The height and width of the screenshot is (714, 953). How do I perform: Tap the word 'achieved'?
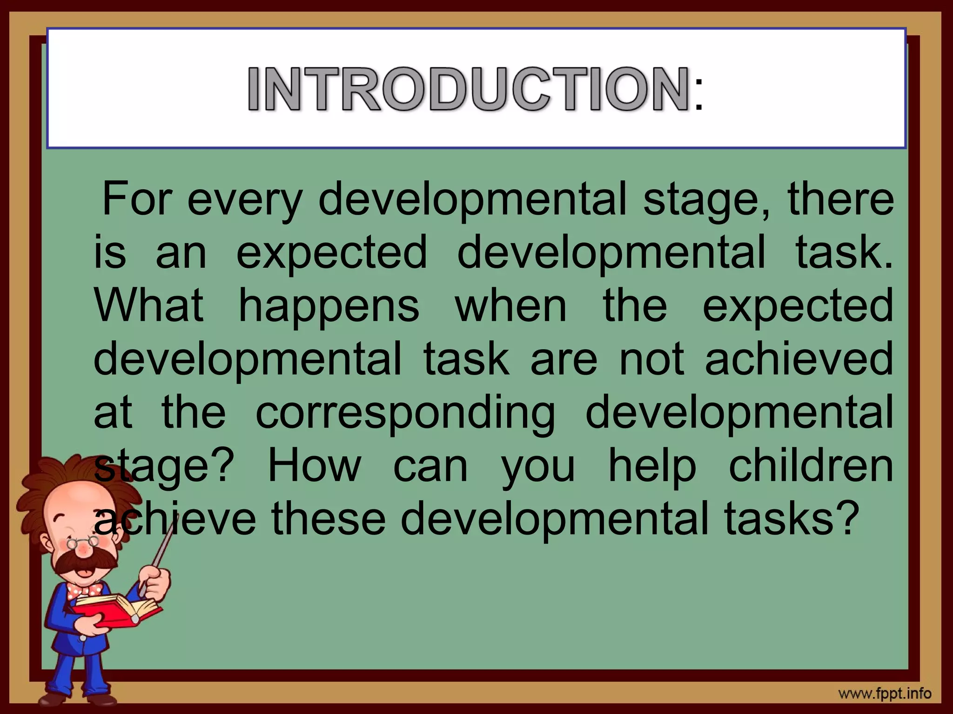pos(799,358)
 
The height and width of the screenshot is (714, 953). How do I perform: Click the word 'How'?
pos(314,465)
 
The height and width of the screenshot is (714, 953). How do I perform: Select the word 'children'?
pos(811,465)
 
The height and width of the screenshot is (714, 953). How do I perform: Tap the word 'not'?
pos(651,359)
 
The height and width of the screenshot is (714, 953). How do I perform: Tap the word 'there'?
pos(840,199)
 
